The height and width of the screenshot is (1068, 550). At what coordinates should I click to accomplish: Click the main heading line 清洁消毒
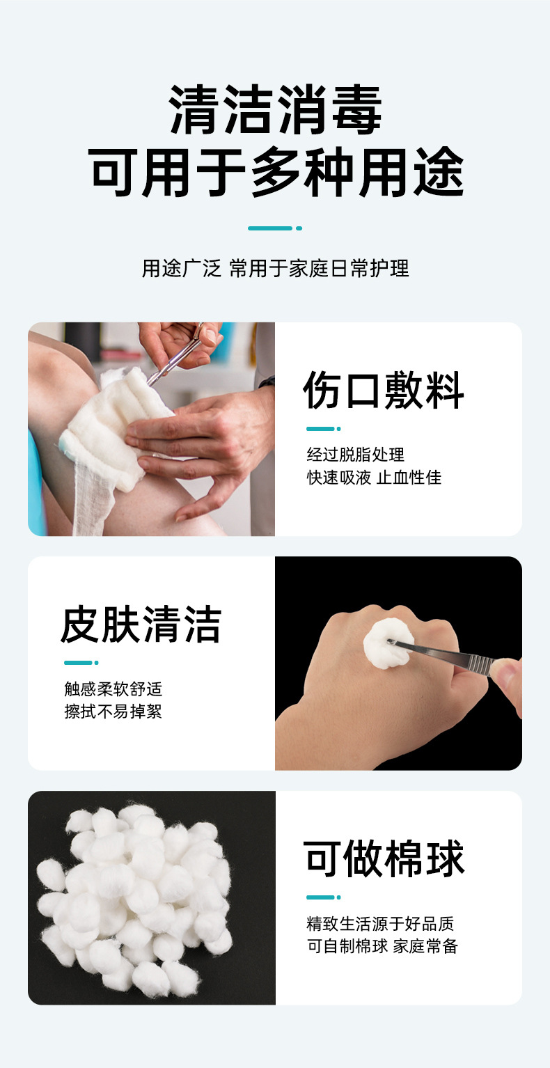276,109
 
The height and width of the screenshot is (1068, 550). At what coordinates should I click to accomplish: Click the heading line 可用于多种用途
276,172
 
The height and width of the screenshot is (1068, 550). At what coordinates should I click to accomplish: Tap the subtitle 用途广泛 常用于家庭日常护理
276,268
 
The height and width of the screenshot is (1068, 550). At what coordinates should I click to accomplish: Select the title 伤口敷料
383,390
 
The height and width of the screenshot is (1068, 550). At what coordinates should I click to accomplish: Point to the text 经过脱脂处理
355,455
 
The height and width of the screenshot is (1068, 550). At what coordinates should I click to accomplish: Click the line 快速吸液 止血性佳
374,478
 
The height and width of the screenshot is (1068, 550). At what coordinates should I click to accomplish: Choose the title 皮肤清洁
141,625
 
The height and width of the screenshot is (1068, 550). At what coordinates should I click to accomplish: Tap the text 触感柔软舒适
113,689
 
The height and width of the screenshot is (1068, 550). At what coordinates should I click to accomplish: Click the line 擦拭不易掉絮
113,712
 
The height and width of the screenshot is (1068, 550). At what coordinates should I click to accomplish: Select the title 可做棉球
383,858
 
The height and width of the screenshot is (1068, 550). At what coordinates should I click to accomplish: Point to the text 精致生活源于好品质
380,924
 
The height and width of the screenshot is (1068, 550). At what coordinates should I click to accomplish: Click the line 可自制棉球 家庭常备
382,946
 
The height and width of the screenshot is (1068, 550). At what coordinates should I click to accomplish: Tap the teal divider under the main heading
275,228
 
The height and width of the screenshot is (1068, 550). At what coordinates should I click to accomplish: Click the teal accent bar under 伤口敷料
323,429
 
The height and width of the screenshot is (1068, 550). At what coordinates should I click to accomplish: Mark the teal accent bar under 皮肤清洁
81,663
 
